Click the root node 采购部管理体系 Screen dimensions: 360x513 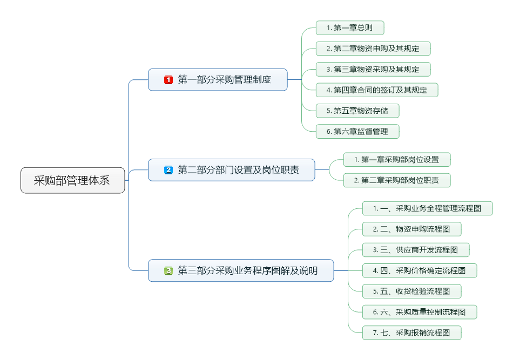click(x=72, y=180)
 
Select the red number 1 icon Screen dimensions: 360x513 click(x=168, y=80)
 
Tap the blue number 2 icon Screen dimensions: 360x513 click(x=168, y=170)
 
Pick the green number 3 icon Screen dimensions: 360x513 click(x=168, y=270)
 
